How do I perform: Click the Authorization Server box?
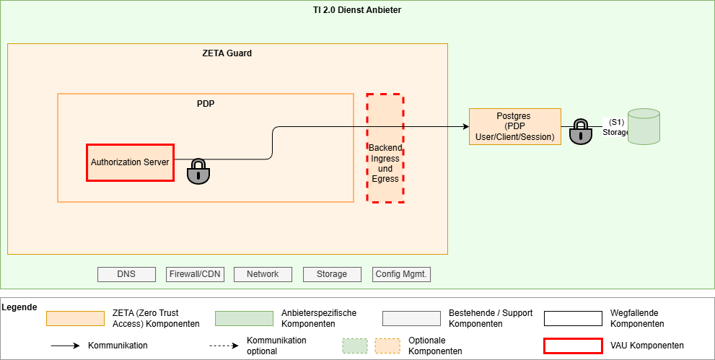[x=130, y=162]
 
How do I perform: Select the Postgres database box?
[x=514, y=126]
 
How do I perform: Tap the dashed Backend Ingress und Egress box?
[x=385, y=148]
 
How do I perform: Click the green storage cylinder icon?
[x=644, y=126]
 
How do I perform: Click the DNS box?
[x=126, y=274]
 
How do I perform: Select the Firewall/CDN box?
[x=195, y=274]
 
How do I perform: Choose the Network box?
[x=263, y=274]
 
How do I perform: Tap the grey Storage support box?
[x=331, y=274]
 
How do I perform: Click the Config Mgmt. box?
[x=402, y=274]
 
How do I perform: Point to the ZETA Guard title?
[x=227, y=53]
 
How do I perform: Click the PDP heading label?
[x=206, y=104]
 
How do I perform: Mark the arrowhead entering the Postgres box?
[x=465, y=127]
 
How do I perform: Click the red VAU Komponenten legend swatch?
[x=573, y=346]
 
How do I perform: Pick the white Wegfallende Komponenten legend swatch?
[x=573, y=319]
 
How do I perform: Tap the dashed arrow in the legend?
[x=224, y=346]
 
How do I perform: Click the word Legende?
[x=19, y=307]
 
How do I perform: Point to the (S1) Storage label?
[x=615, y=127]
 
